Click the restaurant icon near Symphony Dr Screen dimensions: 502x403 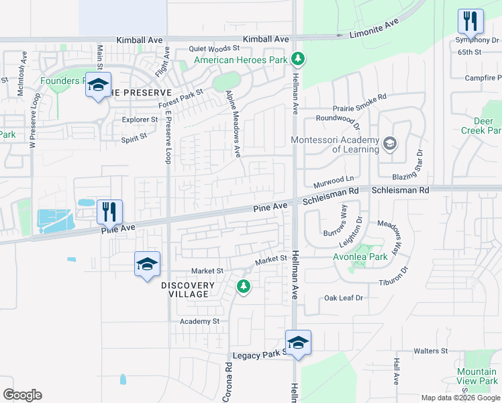[470, 21]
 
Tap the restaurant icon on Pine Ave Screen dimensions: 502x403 [109, 212]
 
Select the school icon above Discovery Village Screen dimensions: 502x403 [147, 264]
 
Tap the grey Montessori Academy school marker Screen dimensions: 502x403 [389, 144]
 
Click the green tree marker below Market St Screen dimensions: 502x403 [243, 287]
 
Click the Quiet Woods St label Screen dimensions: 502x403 [214, 48]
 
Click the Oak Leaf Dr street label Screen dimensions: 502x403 [344, 298]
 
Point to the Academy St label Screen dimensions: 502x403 [199, 321]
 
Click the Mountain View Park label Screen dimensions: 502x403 [476, 376]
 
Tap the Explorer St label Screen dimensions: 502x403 [140, 120]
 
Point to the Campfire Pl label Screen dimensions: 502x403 [483, 78]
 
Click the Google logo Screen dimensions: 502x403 [22, 395]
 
